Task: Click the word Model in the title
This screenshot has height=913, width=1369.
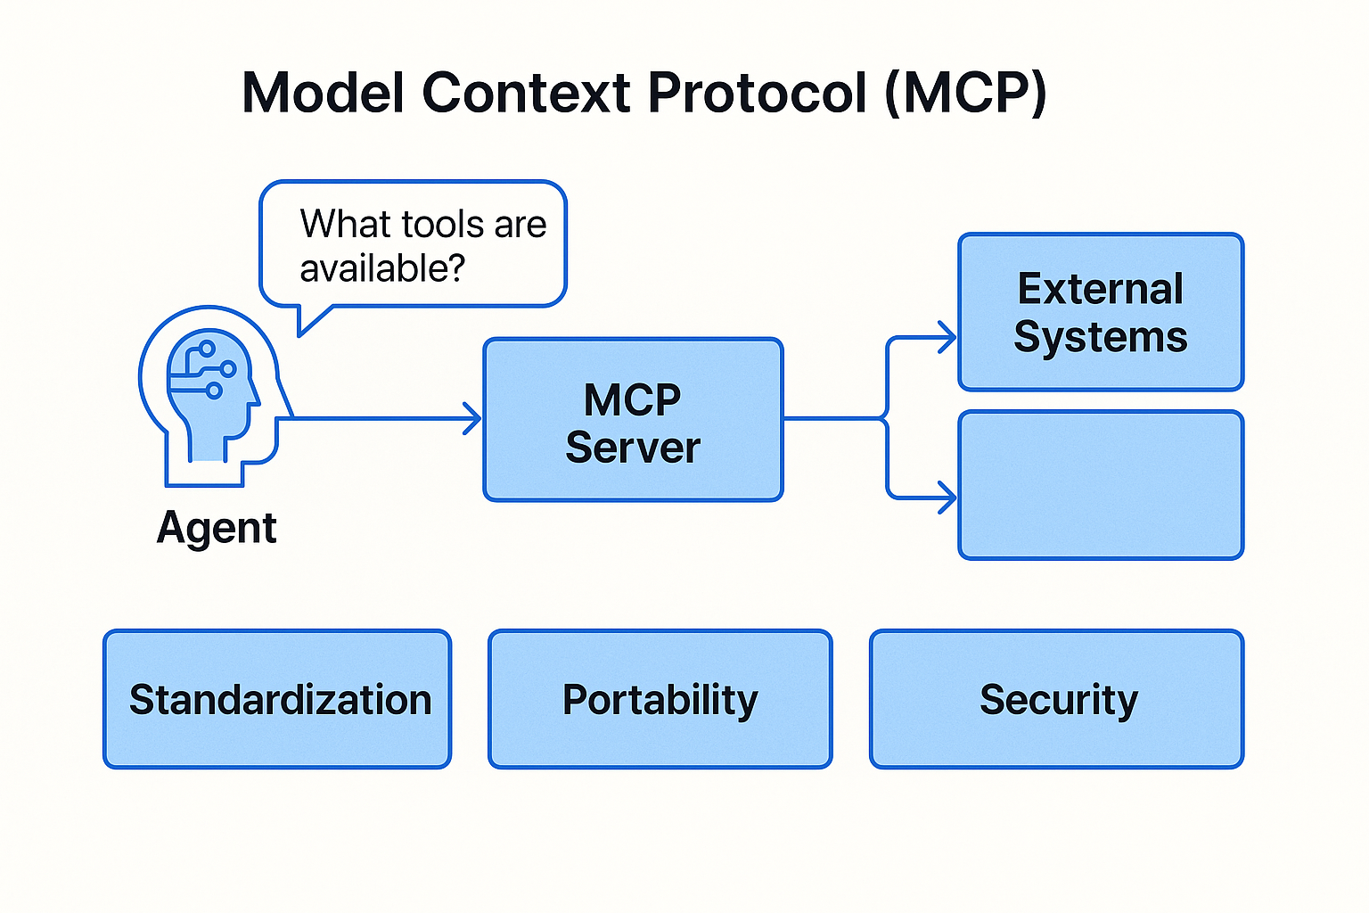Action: tap(324, 93)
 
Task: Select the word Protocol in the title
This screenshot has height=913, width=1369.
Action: tap(758, 93)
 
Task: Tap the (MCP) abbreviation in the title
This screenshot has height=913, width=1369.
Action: tap(966, 94)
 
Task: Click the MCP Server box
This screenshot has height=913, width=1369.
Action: tap(633, 420)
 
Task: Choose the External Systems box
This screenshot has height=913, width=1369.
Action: tap(1101, 312)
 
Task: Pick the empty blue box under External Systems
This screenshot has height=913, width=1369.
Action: tap(1101, 485)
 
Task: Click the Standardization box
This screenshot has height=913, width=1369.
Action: tap(277, 699)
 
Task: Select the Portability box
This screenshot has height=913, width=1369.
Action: tap(660, 699)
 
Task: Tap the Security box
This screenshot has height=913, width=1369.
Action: tap(1057, 699)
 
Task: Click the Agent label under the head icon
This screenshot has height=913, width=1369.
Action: tap(217, 529)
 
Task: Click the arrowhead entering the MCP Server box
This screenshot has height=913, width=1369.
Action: tap(472, 418)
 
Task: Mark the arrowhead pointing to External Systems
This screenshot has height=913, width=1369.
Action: tap(947, 337)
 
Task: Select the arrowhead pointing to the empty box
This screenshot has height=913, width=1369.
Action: tap(947, 498)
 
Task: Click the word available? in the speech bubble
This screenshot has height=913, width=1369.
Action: tap(382, 268)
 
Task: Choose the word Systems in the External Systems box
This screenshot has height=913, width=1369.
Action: tap(1100, 338)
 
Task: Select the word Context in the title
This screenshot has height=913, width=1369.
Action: tap(526, 93)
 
